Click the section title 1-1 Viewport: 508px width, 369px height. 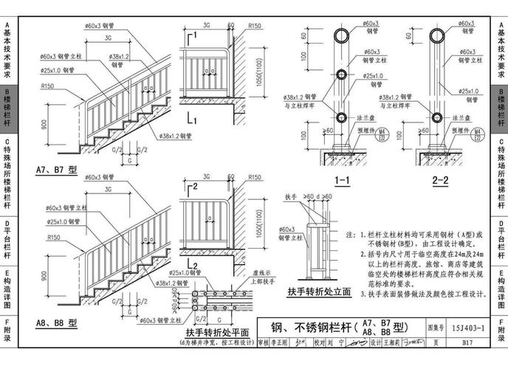point(341,179)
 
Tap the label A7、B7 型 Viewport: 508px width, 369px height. point(56,170)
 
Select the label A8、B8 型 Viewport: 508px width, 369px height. point(56,323)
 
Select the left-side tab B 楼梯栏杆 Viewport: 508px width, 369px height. point(7,108)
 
